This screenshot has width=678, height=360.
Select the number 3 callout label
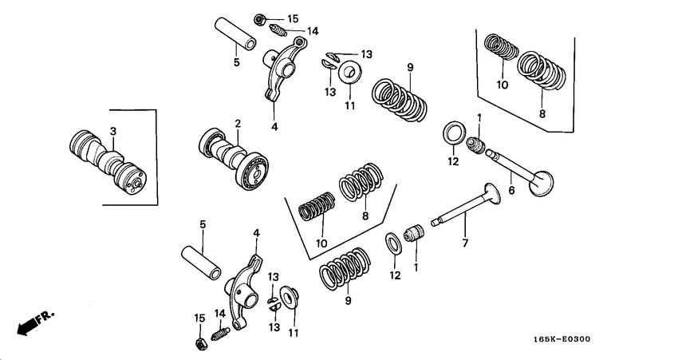(x=113, y=130)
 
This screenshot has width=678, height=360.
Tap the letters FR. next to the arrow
(x=47, y=315)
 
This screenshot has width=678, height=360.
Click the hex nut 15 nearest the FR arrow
(x=202, y=344)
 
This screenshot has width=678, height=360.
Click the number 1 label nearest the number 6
(x=479, y=118)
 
